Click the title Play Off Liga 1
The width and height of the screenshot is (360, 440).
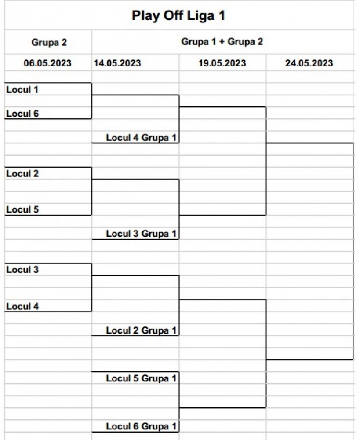[178, 16]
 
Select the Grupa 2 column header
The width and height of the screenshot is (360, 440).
[49, 42]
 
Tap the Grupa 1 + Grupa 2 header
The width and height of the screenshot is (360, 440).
[222, 41]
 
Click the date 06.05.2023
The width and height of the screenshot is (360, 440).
[47, 63]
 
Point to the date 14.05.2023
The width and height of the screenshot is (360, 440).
[117, 63]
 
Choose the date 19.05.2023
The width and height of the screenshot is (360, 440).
[222, 63]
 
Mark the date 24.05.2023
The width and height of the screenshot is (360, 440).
[309, 63]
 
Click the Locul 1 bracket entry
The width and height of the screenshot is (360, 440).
[22, 89]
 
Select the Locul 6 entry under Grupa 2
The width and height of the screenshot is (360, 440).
[22, 114]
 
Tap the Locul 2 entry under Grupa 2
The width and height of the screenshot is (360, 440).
[22, 173]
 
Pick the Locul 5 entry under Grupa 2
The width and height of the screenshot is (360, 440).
[22, 209]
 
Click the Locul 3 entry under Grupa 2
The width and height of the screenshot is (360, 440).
[22, 269]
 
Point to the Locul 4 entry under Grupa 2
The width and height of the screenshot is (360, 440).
[22, 306]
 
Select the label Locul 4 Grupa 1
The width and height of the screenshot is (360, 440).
[141, 137]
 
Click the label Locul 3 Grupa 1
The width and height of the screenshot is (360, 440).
[141, 234]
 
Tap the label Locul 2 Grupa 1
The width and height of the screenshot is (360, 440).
[141, 330]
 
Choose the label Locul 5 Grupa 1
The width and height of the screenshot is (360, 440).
[141, 378]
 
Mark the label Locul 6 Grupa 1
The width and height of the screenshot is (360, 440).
[141, 426]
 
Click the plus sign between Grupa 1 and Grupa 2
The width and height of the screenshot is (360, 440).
[222, 42]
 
